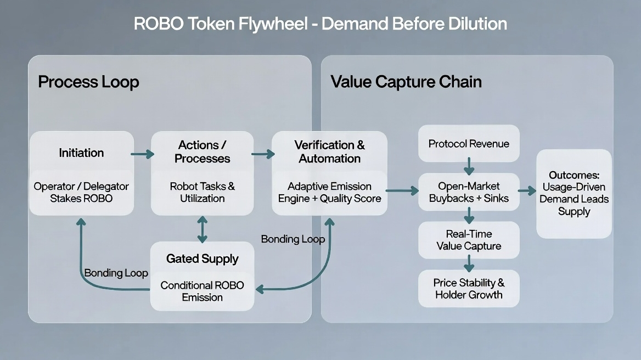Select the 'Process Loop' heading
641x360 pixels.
88,82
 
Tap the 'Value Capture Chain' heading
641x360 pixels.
406,82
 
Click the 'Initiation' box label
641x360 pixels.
81,153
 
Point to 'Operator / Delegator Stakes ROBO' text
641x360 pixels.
81,192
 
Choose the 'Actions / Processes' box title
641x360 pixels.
202,152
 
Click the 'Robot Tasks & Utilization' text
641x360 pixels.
202,192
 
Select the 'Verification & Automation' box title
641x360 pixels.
329,152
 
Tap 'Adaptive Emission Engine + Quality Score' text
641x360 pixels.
329,192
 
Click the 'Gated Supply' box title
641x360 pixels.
202,259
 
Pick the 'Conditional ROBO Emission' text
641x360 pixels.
202,291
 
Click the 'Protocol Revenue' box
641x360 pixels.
469,144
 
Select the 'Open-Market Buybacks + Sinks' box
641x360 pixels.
469,192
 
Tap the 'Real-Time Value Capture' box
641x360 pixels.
469,240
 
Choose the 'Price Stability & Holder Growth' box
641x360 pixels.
469,289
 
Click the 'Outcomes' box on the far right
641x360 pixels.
573,193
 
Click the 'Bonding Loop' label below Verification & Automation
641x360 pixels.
293,239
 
